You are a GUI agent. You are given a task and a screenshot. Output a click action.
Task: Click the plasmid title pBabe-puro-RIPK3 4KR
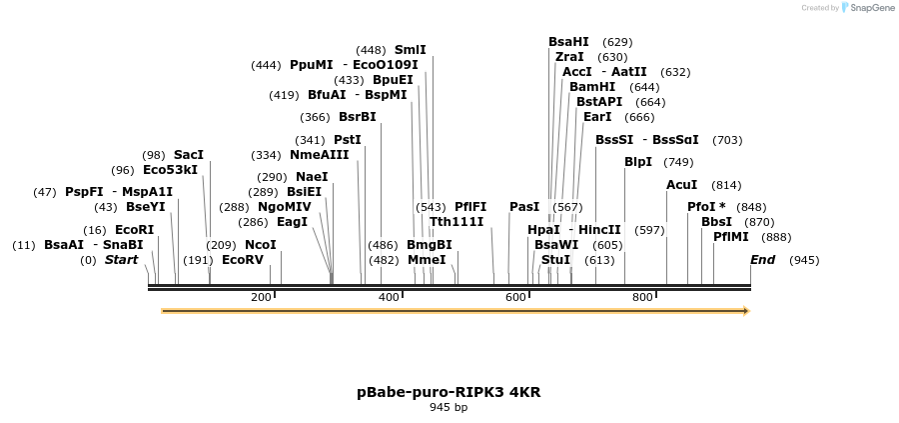pyautogui.click(x=449, y=392)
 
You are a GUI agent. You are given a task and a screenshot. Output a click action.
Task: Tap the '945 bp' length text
pyautogui.click(x=449, y=408)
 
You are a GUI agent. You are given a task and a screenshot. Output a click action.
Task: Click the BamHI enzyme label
pyautogui.click(x=592, y=87)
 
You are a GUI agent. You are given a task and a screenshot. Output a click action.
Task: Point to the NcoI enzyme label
pyautogui.click(x=261, y=245)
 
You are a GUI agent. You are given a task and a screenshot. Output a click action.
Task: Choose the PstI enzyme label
pyautogui.click(x=348, y=140)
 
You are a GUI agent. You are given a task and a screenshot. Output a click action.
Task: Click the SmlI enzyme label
pyautogui.click(x=411, y=49)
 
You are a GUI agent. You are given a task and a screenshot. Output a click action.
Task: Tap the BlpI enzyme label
pyautogui.click(x=638, y=162)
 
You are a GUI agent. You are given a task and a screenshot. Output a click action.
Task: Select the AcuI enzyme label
pyautogui.click(x=682, y=185)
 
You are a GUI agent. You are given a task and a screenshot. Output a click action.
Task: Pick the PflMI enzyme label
pyautogui.click(x=731, y=237)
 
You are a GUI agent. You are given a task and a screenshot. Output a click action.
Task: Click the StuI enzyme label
pyautogui.click(x=555, y=260)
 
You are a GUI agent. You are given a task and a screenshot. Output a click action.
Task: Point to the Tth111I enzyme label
pyautogui.click(x=456, y=222)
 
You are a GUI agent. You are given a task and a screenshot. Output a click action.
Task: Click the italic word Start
pyautogui.click(x=121, y=260)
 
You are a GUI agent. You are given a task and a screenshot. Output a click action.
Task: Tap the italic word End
pyautogui.click(x=763, y=260)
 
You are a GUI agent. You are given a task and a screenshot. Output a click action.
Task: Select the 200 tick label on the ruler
pyautogui.click(x=261, y=297)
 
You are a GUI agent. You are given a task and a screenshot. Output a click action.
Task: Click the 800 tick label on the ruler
pyautogui.click(x=644, y=297)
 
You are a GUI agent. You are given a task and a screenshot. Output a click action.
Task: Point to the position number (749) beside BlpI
pyautogui.click(x=678, y=162)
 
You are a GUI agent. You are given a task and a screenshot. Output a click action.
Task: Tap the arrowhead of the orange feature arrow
pyautogui.click(x=745, y=311)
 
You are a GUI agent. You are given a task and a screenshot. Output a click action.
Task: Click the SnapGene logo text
pyautogui.click(x=868, y=8)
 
